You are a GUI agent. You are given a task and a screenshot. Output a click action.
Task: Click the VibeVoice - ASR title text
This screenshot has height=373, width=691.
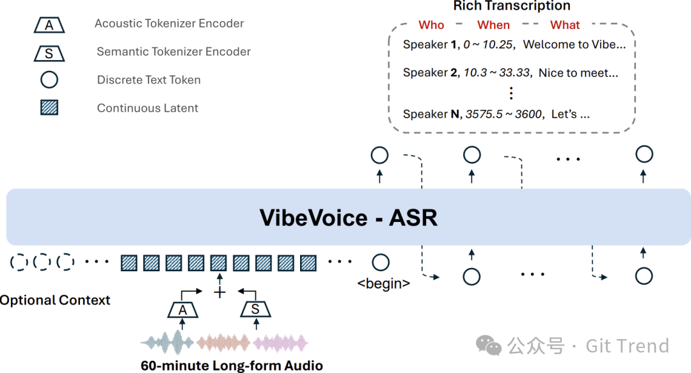[x=348, y=218]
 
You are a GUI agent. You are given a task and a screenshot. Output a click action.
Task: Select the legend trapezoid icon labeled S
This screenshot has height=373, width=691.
[x=49, y=52]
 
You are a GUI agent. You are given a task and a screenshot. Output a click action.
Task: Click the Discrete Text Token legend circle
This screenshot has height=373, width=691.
[x=49, y=80]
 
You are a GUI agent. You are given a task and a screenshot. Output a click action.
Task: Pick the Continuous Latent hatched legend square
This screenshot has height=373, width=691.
[x=49, y=108]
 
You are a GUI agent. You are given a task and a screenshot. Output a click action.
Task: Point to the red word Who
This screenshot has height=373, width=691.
[x=431, y=25]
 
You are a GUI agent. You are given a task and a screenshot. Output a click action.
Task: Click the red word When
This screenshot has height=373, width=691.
[x=493, y=25]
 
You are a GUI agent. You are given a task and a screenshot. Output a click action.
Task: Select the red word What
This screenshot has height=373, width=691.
[x=565, y=25]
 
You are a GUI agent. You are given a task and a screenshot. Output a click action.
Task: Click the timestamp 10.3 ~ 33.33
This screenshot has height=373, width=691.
[x=496, y=73]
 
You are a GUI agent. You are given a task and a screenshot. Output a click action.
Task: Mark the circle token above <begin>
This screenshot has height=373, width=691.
[x=381, y=262]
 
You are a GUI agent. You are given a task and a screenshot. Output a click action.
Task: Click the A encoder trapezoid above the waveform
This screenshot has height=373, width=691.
[x=183, y=310]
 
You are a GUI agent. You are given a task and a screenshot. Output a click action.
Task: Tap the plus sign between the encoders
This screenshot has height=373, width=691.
[x=219, y=292]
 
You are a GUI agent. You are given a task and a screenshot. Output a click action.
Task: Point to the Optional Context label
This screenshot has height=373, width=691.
[x=55, y=300]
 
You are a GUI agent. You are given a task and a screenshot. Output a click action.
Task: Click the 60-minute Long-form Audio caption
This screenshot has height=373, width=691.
[x=232, y=366]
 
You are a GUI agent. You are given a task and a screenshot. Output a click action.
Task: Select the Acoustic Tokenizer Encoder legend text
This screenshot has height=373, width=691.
[x=169, y=24]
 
